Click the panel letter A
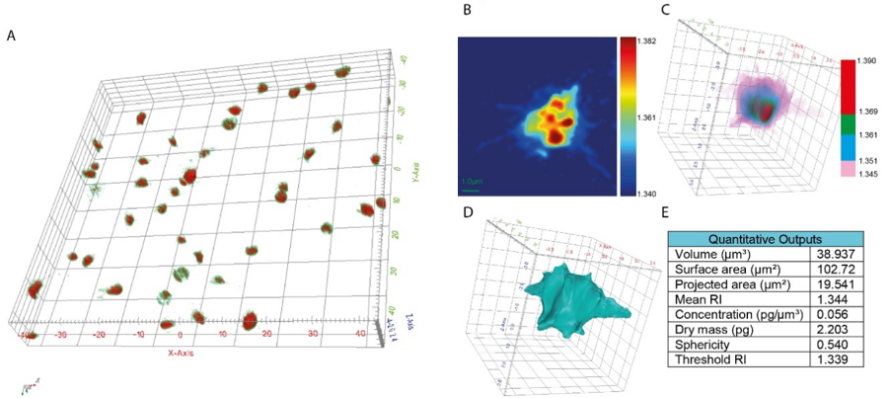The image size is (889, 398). coord(11,37)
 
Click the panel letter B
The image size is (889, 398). coord(467,11)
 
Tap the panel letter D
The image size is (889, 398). coord(467,210)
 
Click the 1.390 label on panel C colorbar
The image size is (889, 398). coord(874,61)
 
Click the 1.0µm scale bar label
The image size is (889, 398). coord(474,181)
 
